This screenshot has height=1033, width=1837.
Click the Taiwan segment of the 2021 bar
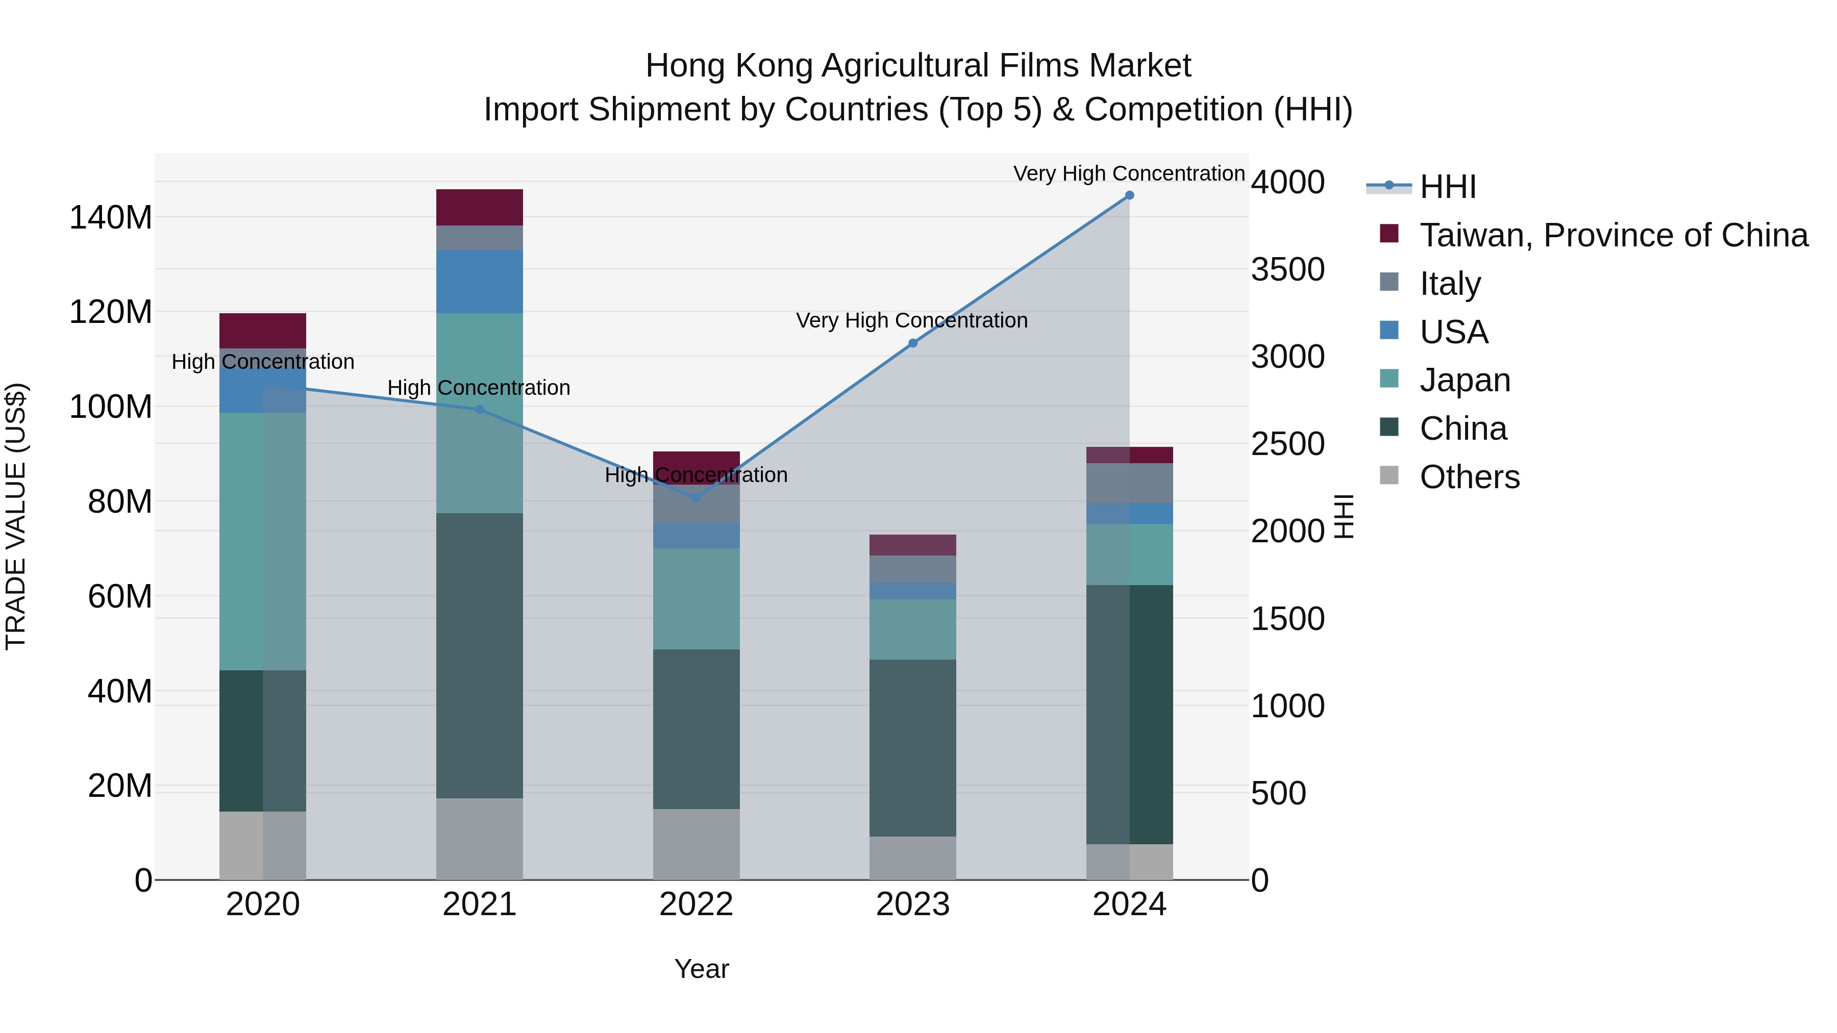tap(479, 208)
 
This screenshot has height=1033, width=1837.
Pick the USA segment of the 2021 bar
tap(479, 282)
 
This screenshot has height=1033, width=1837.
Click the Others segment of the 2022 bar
tap(696, 844)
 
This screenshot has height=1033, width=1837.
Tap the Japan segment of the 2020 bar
tap(262, 541)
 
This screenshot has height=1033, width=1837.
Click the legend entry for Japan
tap(1464, 380)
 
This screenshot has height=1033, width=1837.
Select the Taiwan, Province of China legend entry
tap(1613, 235)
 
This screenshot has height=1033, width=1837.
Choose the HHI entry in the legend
tap(1447, 187)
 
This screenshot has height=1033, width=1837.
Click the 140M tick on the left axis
tap(111, 217)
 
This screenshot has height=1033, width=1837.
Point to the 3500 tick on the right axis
tap(1288, 269)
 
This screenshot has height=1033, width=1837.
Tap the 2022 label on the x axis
tap(696, 904)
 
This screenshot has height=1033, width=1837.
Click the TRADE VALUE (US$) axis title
tap(16, 516)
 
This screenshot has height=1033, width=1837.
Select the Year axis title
tap(701, 969)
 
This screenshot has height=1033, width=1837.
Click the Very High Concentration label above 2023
tap(911, 321)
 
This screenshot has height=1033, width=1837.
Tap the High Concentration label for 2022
tap(696, 475)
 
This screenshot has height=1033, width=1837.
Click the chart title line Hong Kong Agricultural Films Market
tap(918, 66)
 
